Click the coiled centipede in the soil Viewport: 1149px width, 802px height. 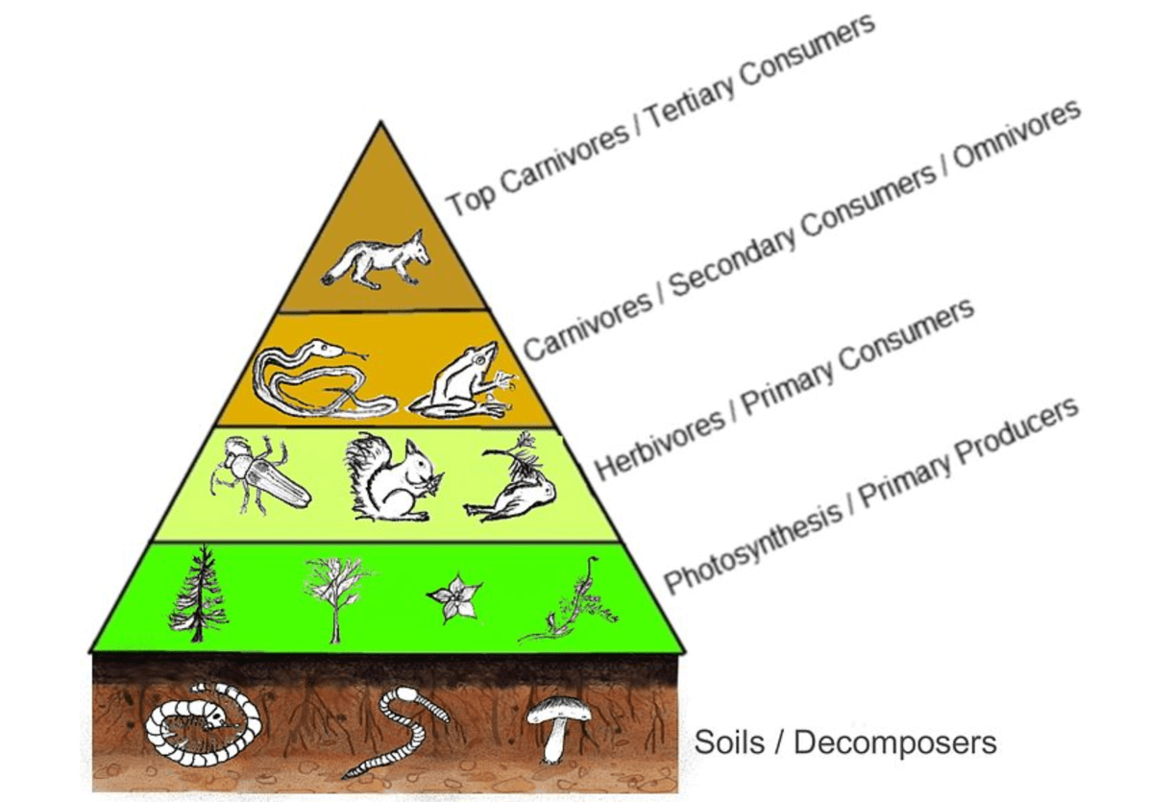click(x=203, y=720)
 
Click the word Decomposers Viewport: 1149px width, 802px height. click(x=894, y=741)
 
